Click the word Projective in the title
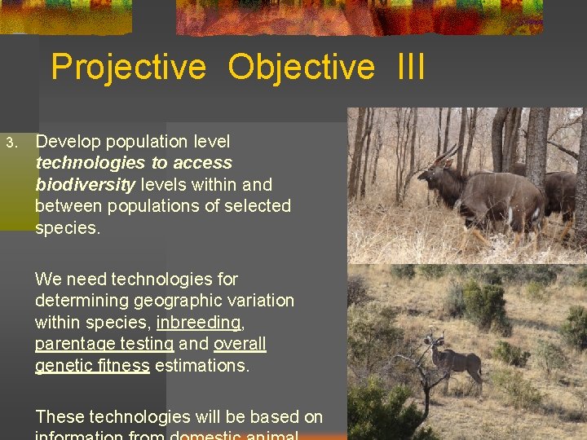point(129,68)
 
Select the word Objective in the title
point(301,68)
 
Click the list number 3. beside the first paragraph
point(11,143)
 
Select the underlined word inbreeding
point(198,323)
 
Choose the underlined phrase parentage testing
point(104,344)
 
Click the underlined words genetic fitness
point(92,366)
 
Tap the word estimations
point(201,366)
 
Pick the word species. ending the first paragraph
point(68,228)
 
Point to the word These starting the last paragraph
point(60,417)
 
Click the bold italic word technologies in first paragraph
point(87,163)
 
